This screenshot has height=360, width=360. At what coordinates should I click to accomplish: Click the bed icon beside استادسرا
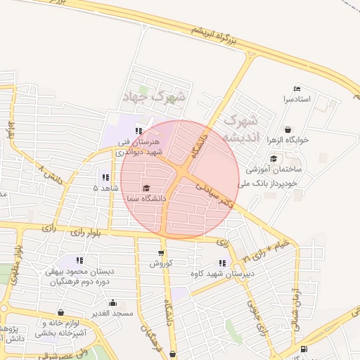coord(297,89)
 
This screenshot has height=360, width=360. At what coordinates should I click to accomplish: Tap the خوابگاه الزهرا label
coord(288,140)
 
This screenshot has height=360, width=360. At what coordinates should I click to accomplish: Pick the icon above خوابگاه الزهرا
coord(288,129)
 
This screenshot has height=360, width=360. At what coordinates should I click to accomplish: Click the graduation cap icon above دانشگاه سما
coord(146,188)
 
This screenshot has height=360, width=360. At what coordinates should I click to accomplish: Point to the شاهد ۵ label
coord(105,188)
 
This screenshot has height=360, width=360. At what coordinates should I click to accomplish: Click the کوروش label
coord(160,264)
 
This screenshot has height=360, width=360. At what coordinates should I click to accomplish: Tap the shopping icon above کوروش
coord(161,253)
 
